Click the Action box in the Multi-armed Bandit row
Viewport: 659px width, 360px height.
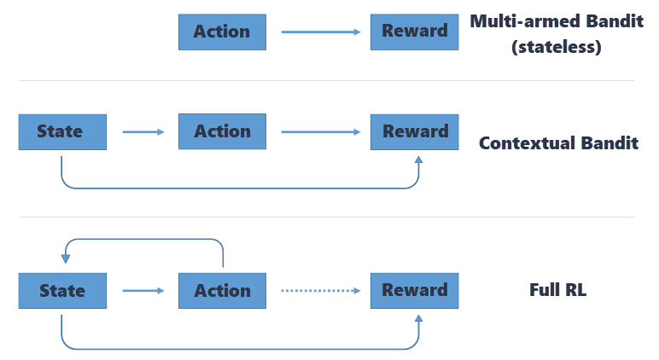[x=222, y=32]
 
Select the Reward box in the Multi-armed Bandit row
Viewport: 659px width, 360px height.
[x=414, y=32]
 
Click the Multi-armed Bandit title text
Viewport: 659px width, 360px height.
[x=557, y=21]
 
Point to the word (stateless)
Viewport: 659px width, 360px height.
[x=557, y=47]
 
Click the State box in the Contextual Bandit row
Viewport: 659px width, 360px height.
[x=62, y=131]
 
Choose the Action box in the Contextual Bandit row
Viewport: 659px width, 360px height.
[x=222, y=131]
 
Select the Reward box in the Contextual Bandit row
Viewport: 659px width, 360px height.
[x=414, y=131]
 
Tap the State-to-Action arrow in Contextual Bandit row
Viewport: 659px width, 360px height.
[x=143, y=131]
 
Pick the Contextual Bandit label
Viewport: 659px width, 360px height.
[x=558, y=142]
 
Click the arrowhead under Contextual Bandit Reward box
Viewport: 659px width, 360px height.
[x=418, y=159]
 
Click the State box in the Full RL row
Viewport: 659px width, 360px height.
[x=62, y=290]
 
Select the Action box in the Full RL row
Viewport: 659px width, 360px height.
[x=222, y=290]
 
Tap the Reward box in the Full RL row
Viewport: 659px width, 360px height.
[x=414, y=290]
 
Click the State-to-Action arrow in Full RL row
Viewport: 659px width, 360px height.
[x=143, y=290]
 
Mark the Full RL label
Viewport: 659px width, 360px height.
[x=557, y=290]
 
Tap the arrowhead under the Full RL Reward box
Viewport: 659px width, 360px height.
[x=418, y=317]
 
